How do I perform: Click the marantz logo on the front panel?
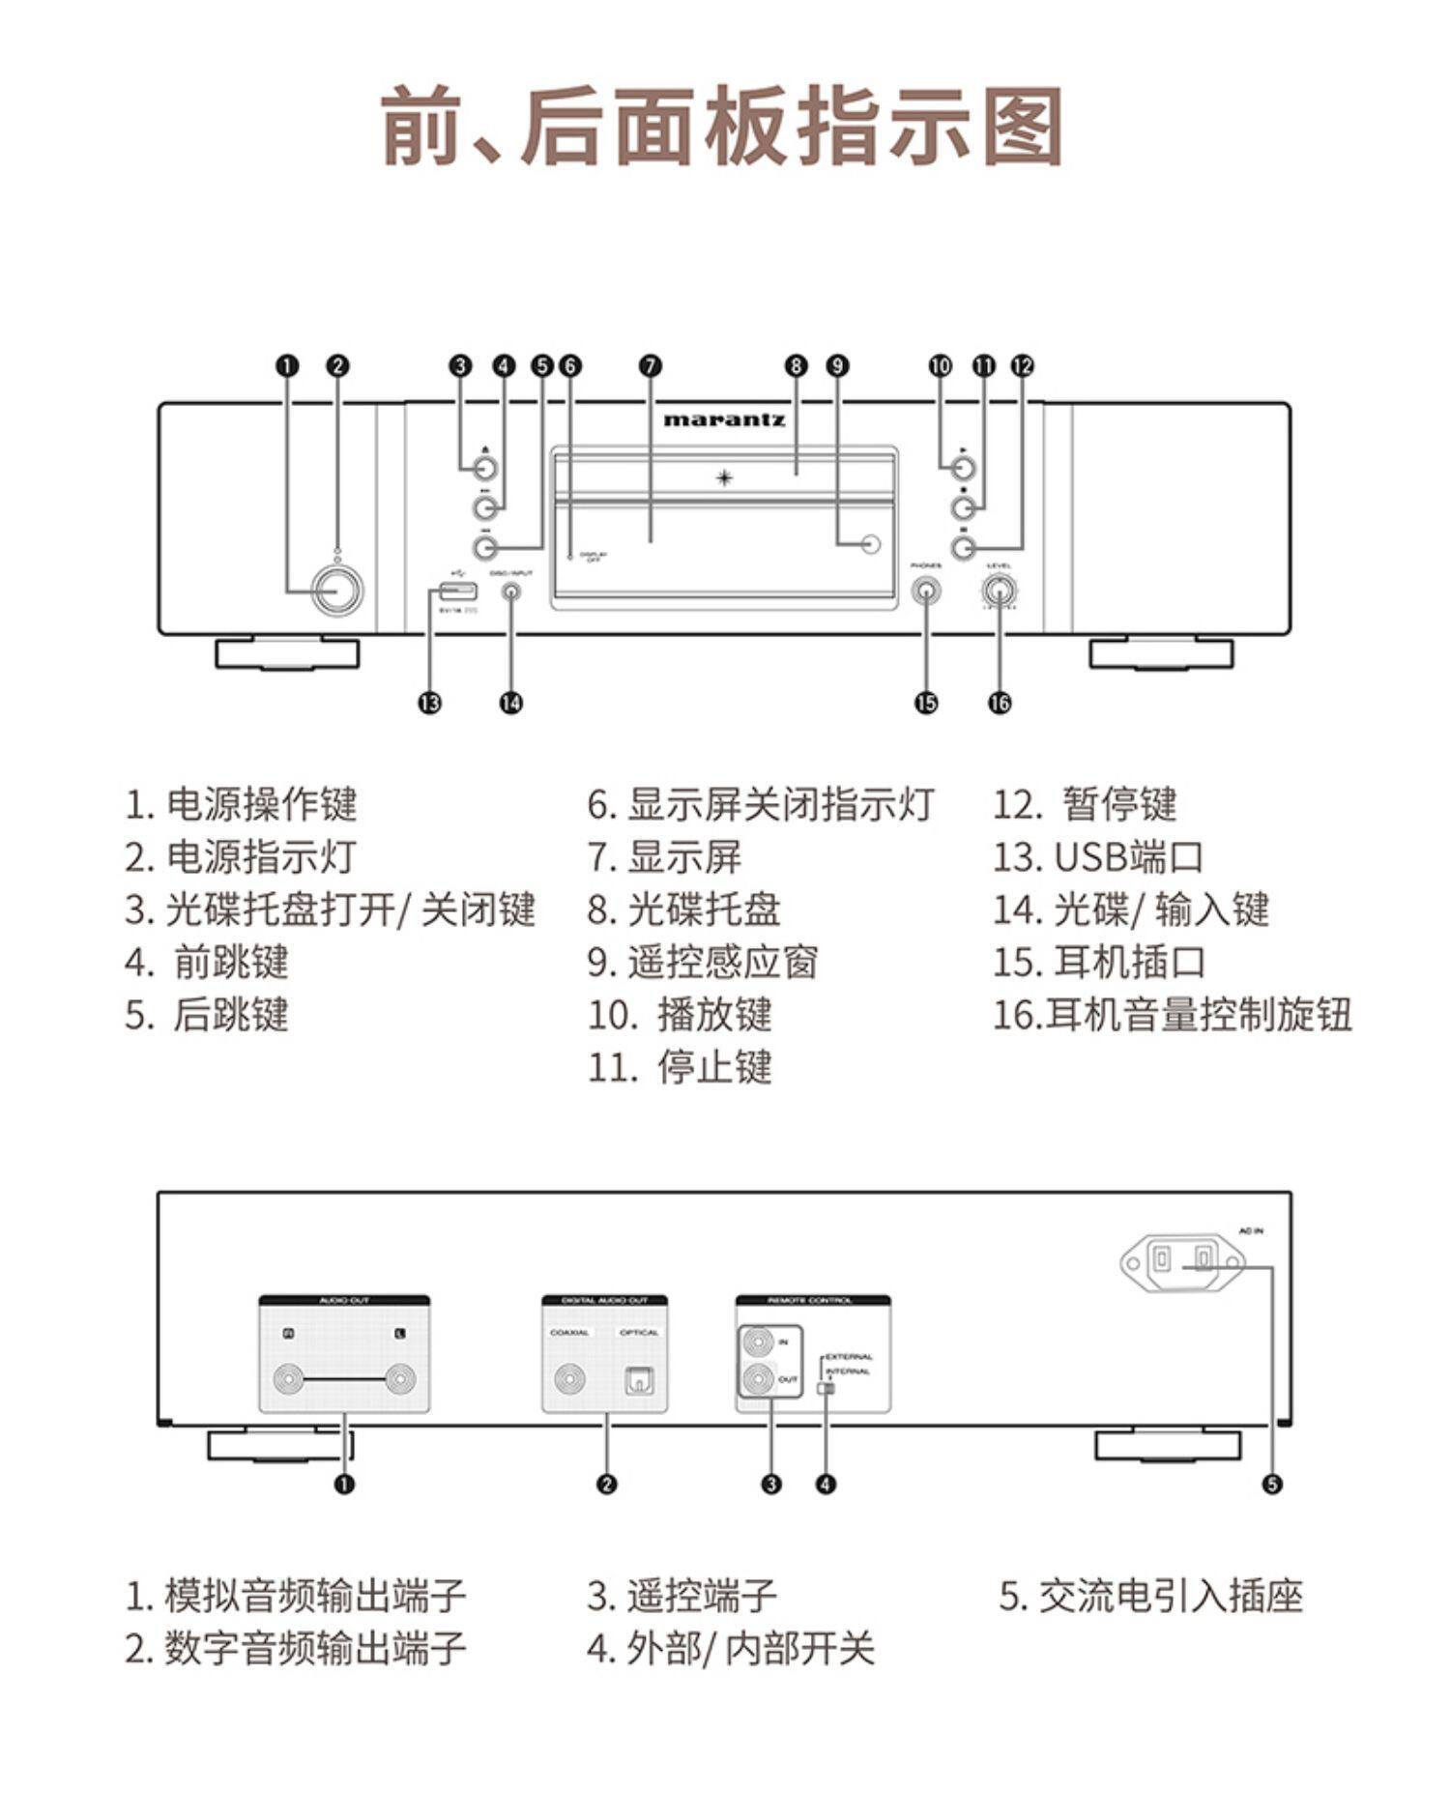(724, 419)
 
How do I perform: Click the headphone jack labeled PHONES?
(926, 591)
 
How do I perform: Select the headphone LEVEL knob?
(1000, 590)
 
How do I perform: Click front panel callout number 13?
(429, 703)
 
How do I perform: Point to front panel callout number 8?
(796, 366)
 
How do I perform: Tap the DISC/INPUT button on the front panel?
(511, 592)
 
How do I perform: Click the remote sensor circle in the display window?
(871, 543)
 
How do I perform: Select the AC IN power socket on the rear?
(1182, 1262)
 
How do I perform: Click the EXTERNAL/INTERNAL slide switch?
(825, 1389)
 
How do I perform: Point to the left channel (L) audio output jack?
(400, 1379)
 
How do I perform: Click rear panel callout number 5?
(1272, 1484)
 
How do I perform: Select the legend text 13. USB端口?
(1098, 857)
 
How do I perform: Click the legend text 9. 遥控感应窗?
(703, 963)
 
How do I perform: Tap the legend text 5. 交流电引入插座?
(1150, 1597)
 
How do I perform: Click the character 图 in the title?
(1024, 127)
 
